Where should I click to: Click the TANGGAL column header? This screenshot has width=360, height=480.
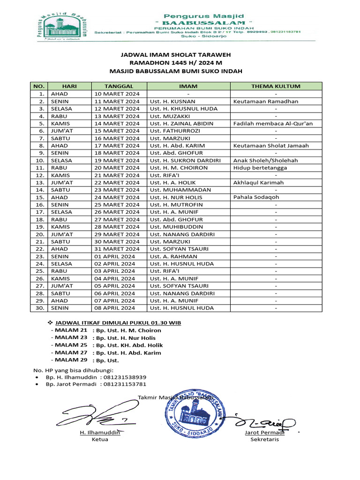pyautogui.click(x=119, y=86)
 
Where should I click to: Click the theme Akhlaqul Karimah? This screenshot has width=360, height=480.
pyautogui.click(x=258, y=182)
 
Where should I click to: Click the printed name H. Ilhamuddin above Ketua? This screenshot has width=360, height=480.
pyautogui.click(x=100, y=433)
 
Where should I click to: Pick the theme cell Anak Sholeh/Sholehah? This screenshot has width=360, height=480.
pyautogui.click(x=265, y=160)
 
